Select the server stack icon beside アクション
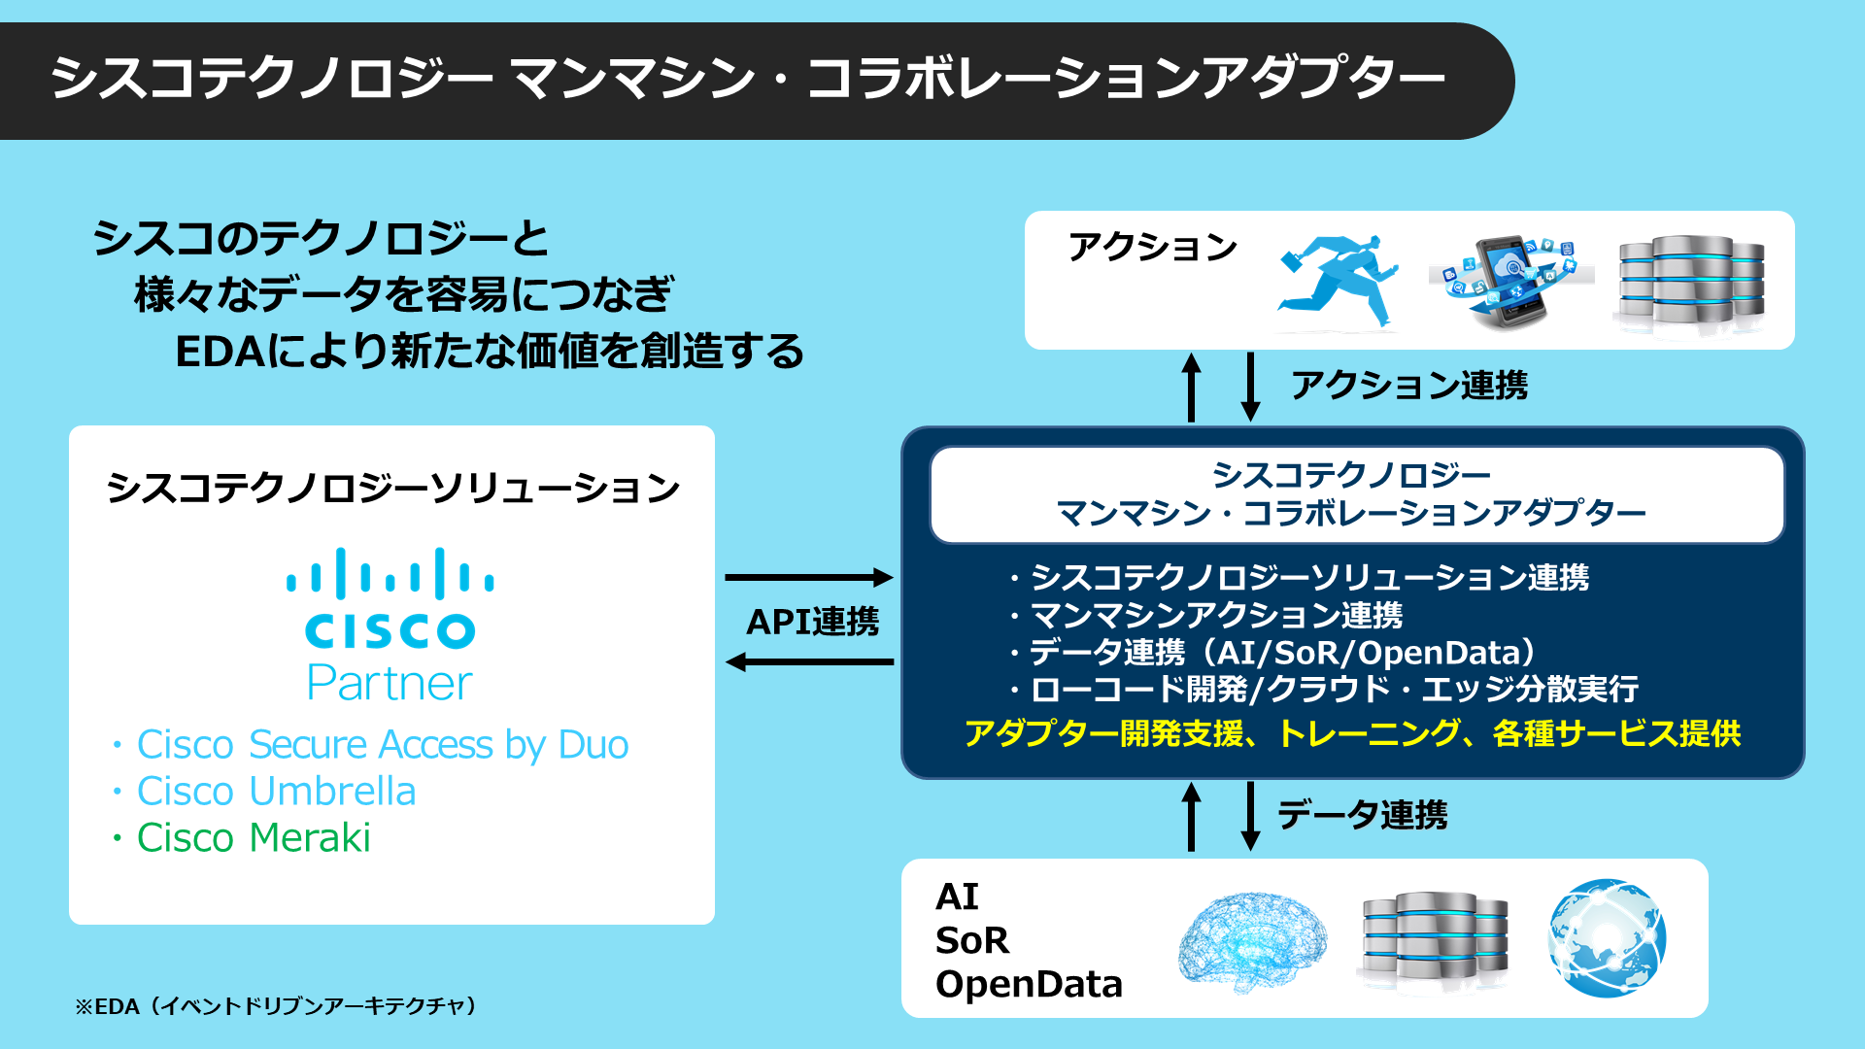click(x=1691, y=282)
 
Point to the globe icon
click(x=1607, y=938)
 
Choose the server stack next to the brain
click(x=1435, y=938)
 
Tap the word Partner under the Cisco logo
click(x=390, y=683)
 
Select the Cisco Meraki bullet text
click(x=254, y=837)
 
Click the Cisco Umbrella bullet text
click(x=276, y=791)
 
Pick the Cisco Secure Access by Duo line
click(x=382, y=744)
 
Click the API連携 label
click(x=812, y=622)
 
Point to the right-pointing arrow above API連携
click(x=808, y=578)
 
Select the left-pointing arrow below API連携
click(x=808, y=662)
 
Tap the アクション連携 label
click(x=1408, y=386)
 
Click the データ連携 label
click(x=1362, y=814)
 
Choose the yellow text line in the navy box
click(x=1352, y=733)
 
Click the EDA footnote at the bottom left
click(x=277, y=1006)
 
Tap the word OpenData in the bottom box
click(x=1029, y=984)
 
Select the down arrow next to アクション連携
click(x=1251, y=387)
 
